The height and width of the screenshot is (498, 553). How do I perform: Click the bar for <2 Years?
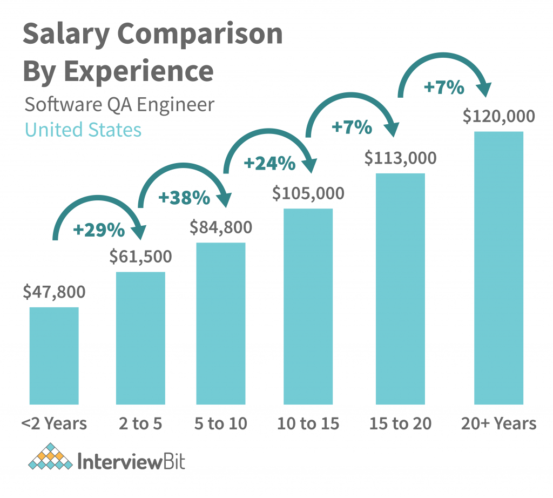tap(54, 355)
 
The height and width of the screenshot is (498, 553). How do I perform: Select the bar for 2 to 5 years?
tap(140, 338)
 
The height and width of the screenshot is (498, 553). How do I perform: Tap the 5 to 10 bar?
tap(221, 323)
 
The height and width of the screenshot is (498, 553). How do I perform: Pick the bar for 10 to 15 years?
tap(308, 306)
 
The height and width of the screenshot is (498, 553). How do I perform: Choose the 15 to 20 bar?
tap(400, 288)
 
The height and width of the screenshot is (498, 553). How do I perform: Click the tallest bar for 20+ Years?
tap(498, 267)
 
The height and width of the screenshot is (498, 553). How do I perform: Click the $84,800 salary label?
tap(221, 227)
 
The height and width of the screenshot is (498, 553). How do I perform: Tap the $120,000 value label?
tap(498, 116)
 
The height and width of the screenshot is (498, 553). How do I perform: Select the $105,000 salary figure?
tap(308, 193)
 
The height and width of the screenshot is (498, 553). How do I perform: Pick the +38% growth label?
tap(184, 198)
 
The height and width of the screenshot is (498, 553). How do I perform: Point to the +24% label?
tap(270, 163)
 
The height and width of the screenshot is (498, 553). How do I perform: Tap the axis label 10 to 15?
tap(308, 424)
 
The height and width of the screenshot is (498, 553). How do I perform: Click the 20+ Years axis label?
tap(498, 424)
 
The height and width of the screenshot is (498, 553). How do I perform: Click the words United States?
tap(83, 130)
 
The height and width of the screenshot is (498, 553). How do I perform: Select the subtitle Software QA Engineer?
tap(119, 104)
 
